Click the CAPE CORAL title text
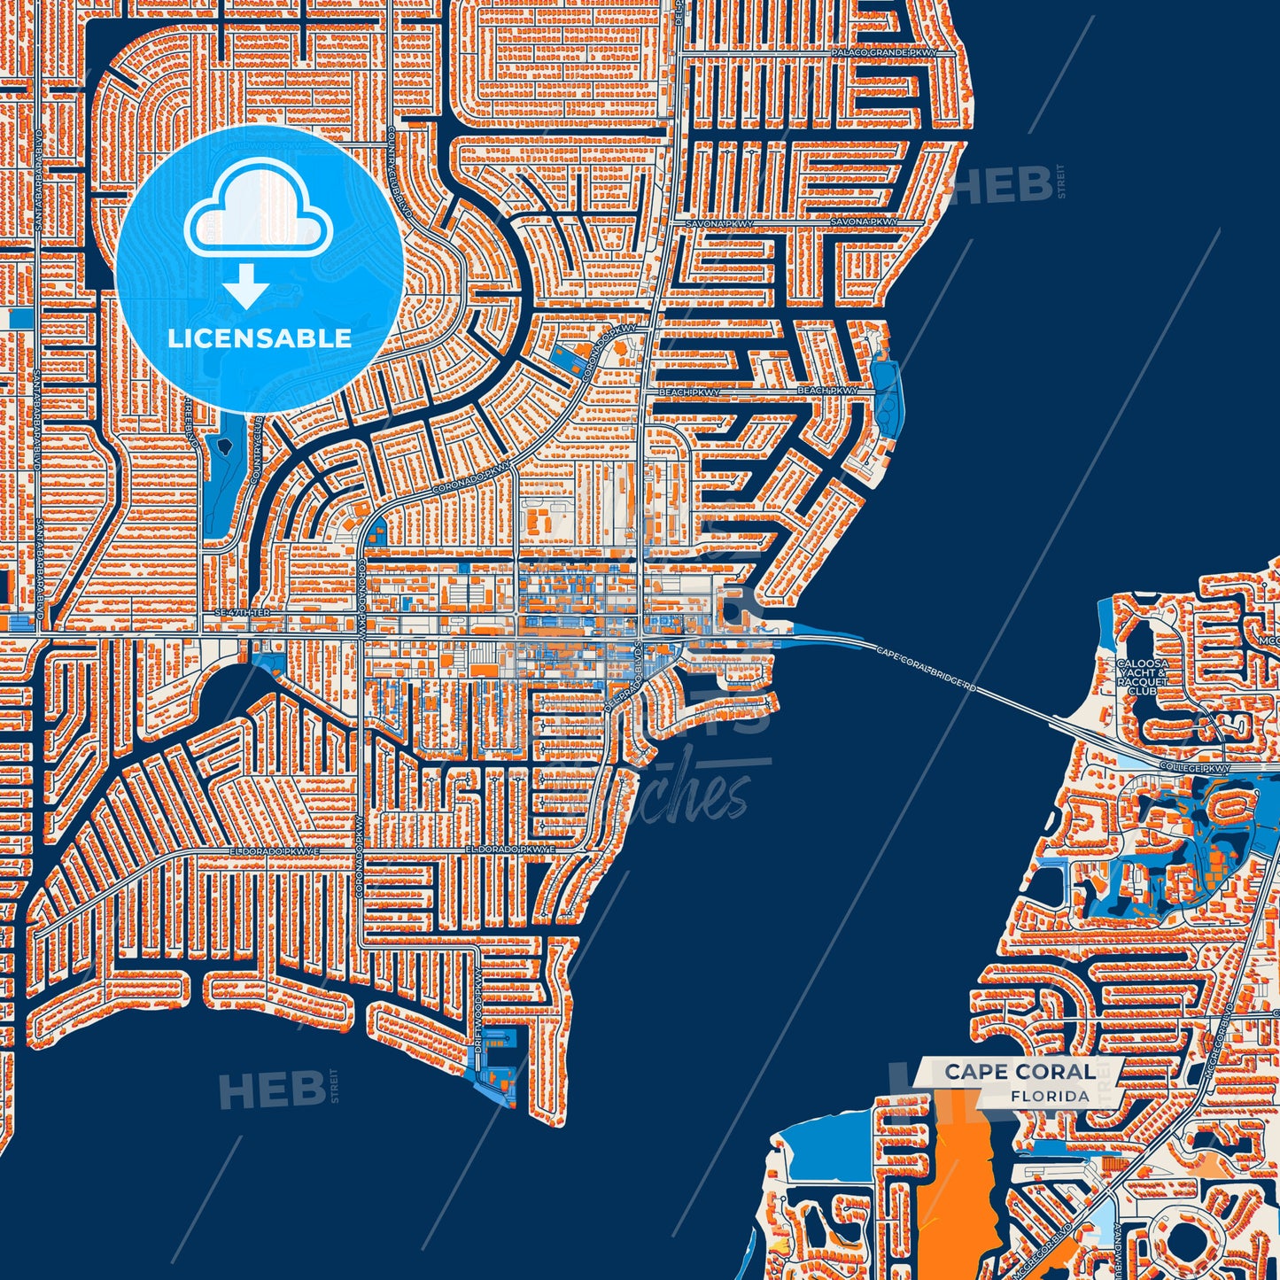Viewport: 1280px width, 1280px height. pos(1019,1072)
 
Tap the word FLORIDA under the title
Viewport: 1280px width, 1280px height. pos(1050,1096)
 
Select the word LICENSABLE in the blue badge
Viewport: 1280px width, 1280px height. pos(260,338)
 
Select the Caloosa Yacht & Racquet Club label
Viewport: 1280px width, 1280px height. pos(1142,677)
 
